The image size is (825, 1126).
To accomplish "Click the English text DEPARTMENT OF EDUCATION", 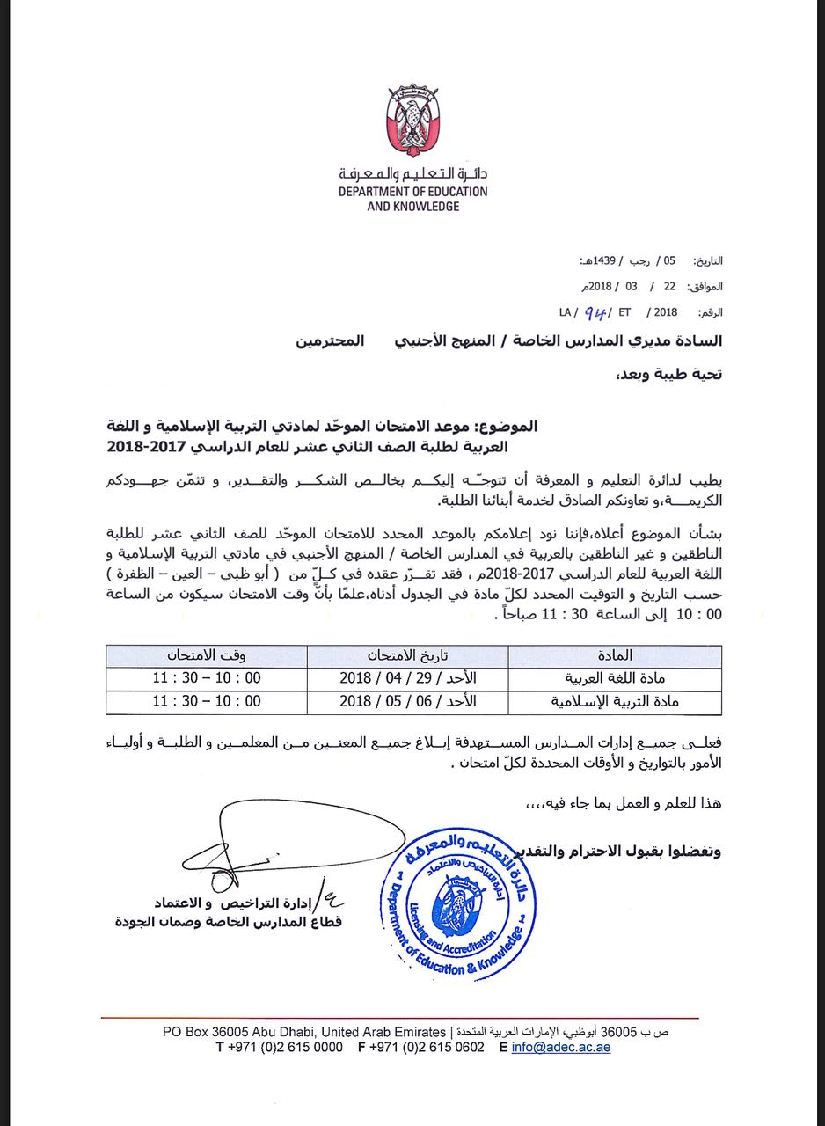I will [x=412, y=191].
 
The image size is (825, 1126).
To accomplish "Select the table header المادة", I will [x=615, y=656].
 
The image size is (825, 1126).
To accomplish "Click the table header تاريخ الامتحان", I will [x=407, y=656].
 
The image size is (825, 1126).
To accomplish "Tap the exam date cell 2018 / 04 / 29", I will [x=407, y=679].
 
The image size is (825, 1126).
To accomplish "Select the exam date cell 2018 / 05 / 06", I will [x=407, y=702].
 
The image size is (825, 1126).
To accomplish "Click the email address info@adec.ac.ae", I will [x=560, y=1047].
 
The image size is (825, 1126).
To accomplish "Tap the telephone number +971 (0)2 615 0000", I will [x=279, y=1047].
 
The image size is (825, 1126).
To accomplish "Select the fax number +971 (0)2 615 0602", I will [x=420, y=1047].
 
